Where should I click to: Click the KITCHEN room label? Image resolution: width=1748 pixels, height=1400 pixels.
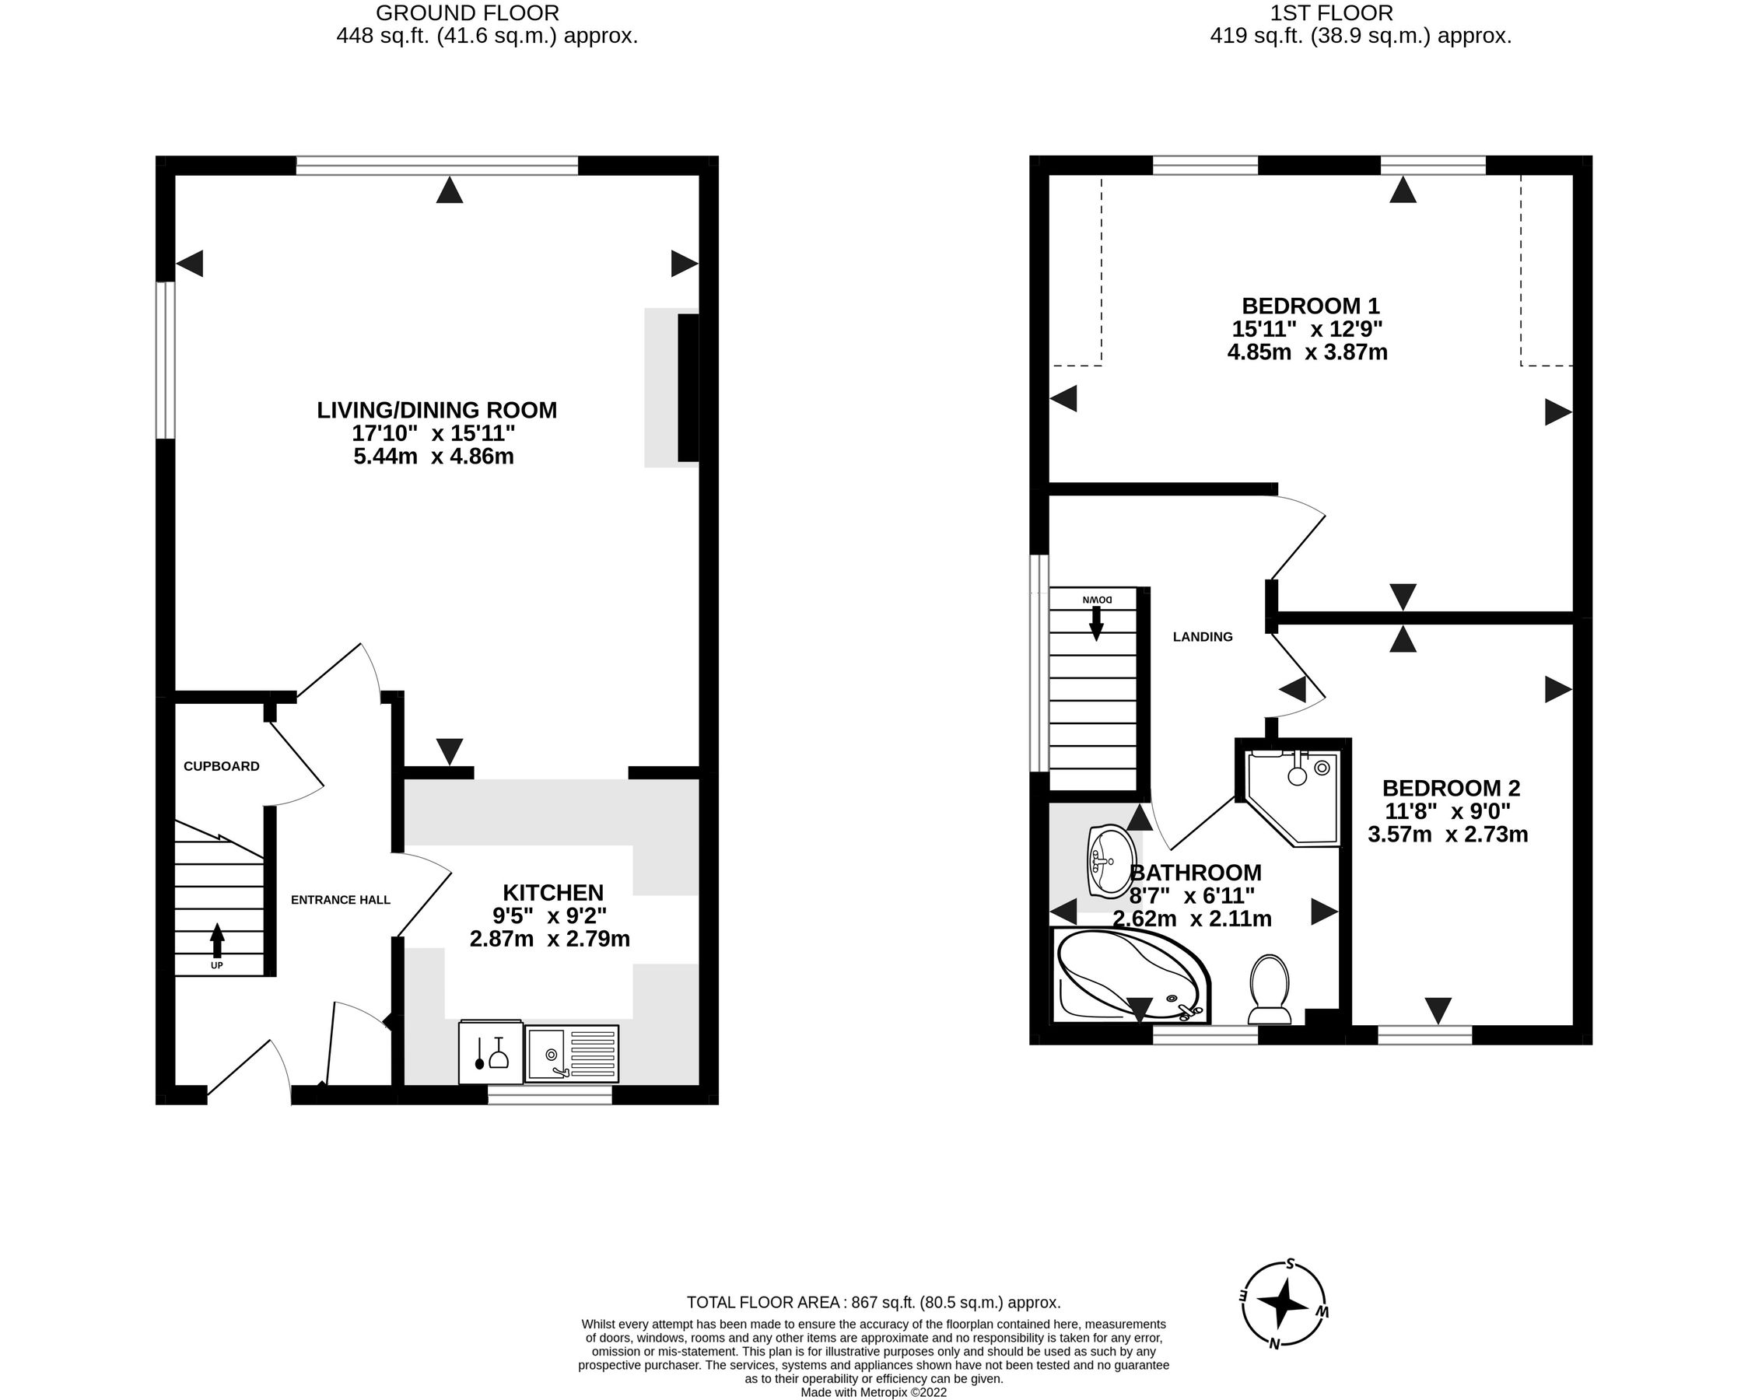553,893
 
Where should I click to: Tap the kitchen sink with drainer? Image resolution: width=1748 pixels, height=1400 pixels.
572,1053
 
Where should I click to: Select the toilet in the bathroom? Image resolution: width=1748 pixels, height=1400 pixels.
1270,989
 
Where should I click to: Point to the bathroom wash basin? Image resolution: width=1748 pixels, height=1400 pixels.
1110,860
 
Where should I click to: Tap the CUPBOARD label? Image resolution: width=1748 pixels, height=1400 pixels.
222,766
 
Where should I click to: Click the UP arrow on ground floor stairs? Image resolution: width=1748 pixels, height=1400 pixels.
216,943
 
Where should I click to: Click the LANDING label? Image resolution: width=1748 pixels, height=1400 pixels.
1203,637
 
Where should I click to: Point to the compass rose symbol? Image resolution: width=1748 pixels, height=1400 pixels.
1284,1306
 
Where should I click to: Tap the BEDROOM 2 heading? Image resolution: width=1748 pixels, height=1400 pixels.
1451,788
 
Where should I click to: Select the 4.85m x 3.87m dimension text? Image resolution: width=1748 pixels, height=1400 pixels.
1307,352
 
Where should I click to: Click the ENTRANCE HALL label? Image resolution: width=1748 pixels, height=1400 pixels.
341,900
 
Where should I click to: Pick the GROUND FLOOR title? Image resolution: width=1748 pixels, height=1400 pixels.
467,13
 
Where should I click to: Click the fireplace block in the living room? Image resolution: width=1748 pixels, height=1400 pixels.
688,387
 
